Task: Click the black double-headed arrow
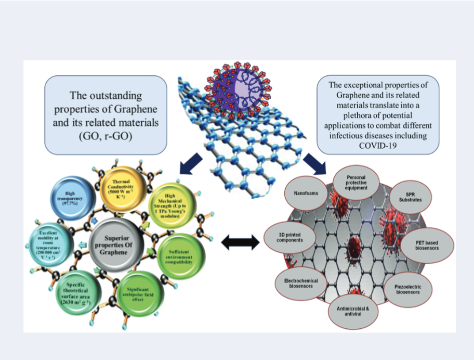(241, 241)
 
